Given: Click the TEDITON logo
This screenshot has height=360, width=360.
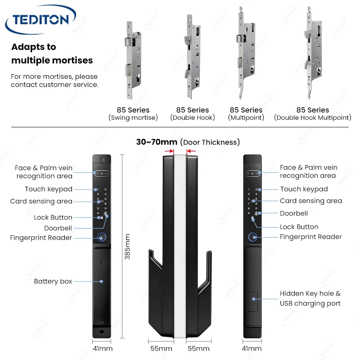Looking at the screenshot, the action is point(40,19).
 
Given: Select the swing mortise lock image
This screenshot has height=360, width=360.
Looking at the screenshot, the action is point(133,60).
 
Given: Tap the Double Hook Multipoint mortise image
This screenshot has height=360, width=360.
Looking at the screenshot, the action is point(312,53).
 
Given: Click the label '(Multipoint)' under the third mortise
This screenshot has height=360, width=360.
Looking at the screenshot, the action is point(246,117).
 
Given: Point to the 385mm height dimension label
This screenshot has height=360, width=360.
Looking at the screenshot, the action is point(127,247).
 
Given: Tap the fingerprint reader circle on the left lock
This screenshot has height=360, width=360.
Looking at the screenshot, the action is point(102,237).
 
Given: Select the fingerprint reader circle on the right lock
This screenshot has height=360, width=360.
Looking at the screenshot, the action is point(252,237).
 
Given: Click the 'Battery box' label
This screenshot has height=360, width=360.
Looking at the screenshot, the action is point(53,281).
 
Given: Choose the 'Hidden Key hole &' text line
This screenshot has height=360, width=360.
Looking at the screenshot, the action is point(310,293).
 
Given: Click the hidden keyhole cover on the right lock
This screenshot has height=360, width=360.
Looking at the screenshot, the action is point(252,301).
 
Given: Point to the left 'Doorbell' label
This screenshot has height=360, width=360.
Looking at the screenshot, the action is point(58,228).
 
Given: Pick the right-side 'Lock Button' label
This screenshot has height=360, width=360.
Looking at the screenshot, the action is point(299,227).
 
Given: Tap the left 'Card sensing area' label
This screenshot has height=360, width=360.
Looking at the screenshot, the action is point(41,201).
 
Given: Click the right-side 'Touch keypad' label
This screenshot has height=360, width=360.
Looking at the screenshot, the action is point(304,189).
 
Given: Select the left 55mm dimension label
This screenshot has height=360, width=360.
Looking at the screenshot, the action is point(161,348).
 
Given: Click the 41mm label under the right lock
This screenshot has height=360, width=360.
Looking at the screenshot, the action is point(252,348).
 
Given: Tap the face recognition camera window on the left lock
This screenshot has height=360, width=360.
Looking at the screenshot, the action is point(102,174).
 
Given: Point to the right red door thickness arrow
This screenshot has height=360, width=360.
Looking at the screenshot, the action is point(191,151).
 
